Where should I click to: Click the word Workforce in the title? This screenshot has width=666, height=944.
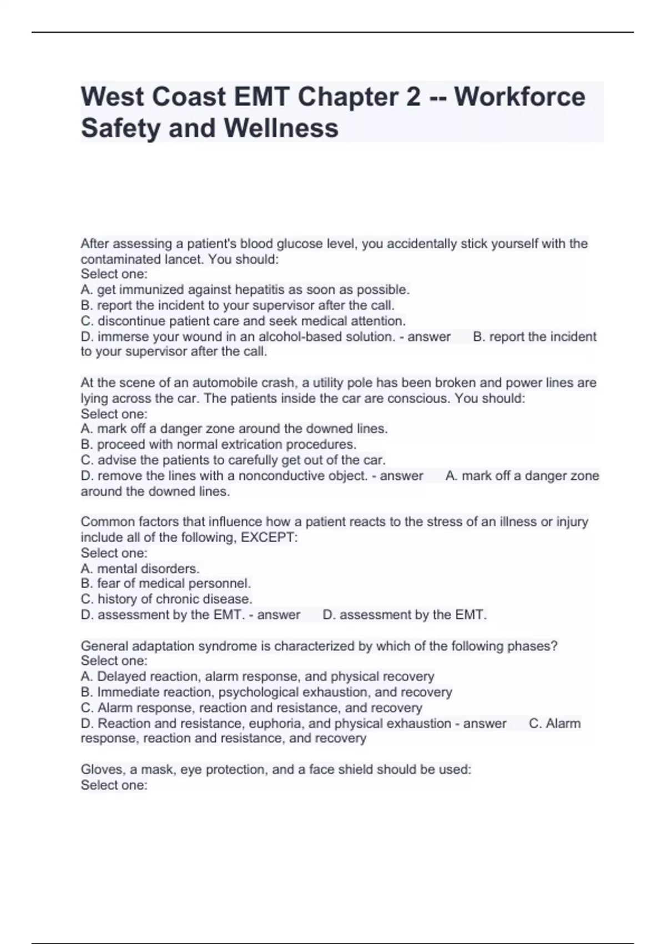click(519, 97)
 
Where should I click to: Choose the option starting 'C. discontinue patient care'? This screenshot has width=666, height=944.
click(243, 321)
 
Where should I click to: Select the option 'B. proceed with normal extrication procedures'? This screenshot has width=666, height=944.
click(219, 444)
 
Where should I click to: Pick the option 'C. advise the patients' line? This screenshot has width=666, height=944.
click(233, 460)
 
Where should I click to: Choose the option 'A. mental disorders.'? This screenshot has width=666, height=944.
click(140, 569)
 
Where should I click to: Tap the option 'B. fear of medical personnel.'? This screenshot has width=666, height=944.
click(166, 584)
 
